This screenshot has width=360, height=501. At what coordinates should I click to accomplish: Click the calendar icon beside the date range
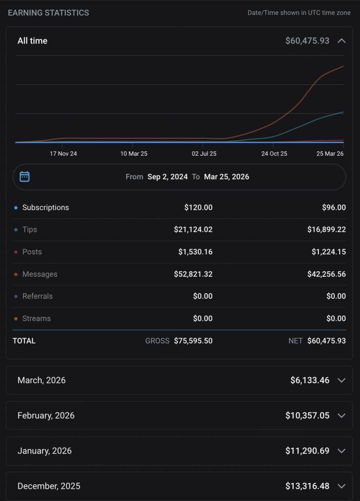tap(24, 177)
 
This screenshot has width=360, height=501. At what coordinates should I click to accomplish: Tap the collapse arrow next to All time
tap(342, 41)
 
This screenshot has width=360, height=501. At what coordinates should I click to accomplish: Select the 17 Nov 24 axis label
tap(63, 154)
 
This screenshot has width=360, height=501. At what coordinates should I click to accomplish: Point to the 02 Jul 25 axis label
tap(204, 154)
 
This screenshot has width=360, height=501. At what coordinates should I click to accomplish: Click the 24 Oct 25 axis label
tap(274, 154)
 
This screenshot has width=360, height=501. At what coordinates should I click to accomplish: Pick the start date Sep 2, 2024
tap(167, 177)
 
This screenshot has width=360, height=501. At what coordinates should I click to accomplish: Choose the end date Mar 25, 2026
tap(226, 177)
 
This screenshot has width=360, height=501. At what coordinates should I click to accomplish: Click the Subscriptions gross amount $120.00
tap(198, 207)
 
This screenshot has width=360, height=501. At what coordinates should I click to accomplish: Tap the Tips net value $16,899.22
tap(326, 229)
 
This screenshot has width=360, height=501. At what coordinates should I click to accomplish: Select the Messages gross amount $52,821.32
tap(193, 274)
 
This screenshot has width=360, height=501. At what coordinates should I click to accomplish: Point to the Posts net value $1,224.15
tap(329, 252)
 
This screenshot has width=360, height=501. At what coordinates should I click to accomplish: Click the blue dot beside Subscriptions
tap(16, 207)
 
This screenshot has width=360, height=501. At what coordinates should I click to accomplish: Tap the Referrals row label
tap(37, 296)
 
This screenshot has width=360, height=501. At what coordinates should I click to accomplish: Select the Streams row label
tap(36, 319)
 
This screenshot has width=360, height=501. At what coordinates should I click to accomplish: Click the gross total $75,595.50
tap(193, 341)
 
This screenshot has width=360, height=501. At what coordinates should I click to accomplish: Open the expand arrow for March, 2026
tap(342, 380)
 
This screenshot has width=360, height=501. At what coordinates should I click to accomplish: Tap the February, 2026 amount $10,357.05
tap(308, 415)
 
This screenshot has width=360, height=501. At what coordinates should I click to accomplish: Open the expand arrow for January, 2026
tap(342, 451)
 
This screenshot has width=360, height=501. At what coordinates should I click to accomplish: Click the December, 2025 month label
tap(49, 486)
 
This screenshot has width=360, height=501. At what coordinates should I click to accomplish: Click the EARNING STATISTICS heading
tap(48, 13)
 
